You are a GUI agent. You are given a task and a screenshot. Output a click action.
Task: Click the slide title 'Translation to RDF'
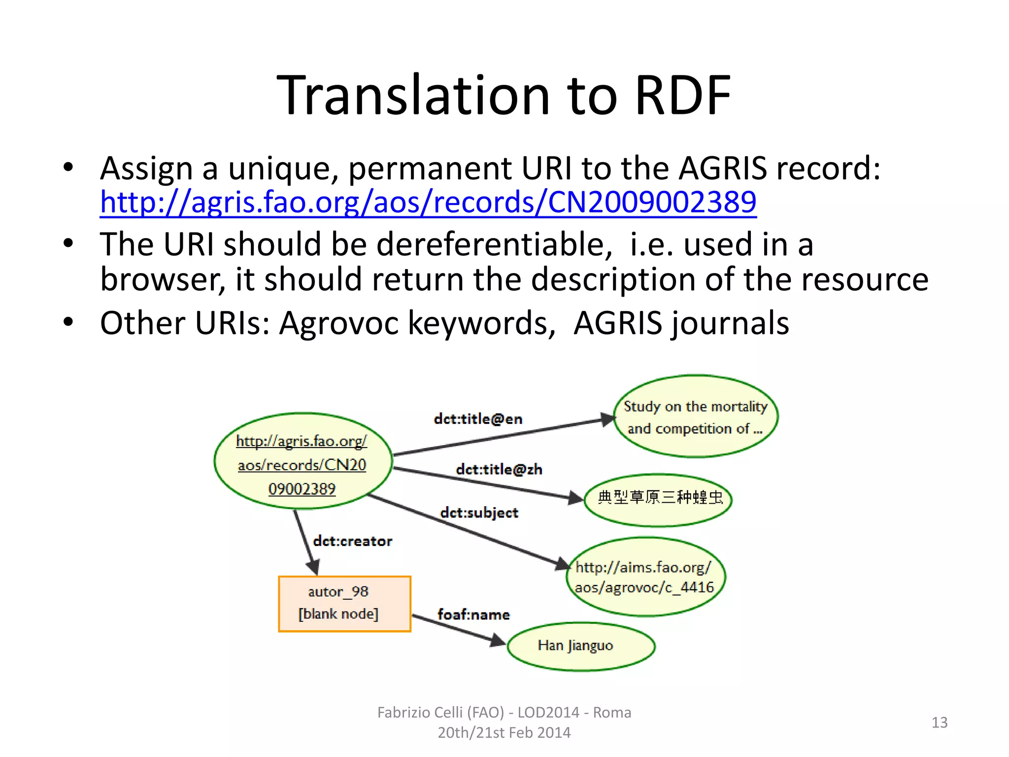(x=504, y=95)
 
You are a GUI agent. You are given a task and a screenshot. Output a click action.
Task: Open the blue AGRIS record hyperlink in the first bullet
(x=428, y=202)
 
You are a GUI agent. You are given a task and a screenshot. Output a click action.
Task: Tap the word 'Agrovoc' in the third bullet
(x=339, y=323)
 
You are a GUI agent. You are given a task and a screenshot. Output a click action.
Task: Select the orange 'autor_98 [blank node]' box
(x=344, y=603)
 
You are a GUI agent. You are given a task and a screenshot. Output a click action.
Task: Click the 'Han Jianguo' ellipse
(x=581, y=646)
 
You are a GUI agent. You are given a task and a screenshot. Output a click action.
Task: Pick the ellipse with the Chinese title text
(x=658, y=499)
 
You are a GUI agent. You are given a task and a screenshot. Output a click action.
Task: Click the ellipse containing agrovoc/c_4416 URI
(x=646, y=577)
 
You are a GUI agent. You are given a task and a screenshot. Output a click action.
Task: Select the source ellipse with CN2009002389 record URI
(x=303, y=461)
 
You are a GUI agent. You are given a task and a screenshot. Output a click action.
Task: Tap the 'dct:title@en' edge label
(x=478, y=419)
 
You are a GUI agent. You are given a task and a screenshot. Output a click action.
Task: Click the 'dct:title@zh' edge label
(x=499, y=469)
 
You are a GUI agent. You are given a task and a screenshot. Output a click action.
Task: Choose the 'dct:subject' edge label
(x=479, y=513)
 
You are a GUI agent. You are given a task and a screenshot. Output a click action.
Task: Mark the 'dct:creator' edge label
(x=352, y=541)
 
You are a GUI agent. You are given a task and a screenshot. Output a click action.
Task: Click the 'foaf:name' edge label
(x=473, y=615)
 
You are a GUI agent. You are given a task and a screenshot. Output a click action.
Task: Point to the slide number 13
(x=939, y=723)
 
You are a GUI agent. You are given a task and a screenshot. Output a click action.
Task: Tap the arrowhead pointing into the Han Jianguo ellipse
(x=498, y=641)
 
